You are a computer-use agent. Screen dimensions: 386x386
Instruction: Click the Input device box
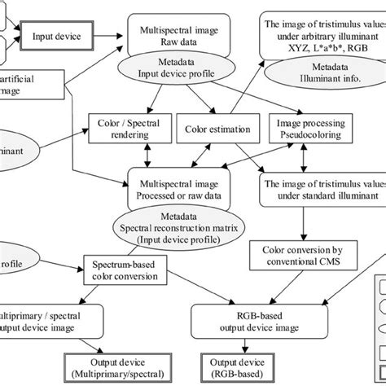click(55, 37)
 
